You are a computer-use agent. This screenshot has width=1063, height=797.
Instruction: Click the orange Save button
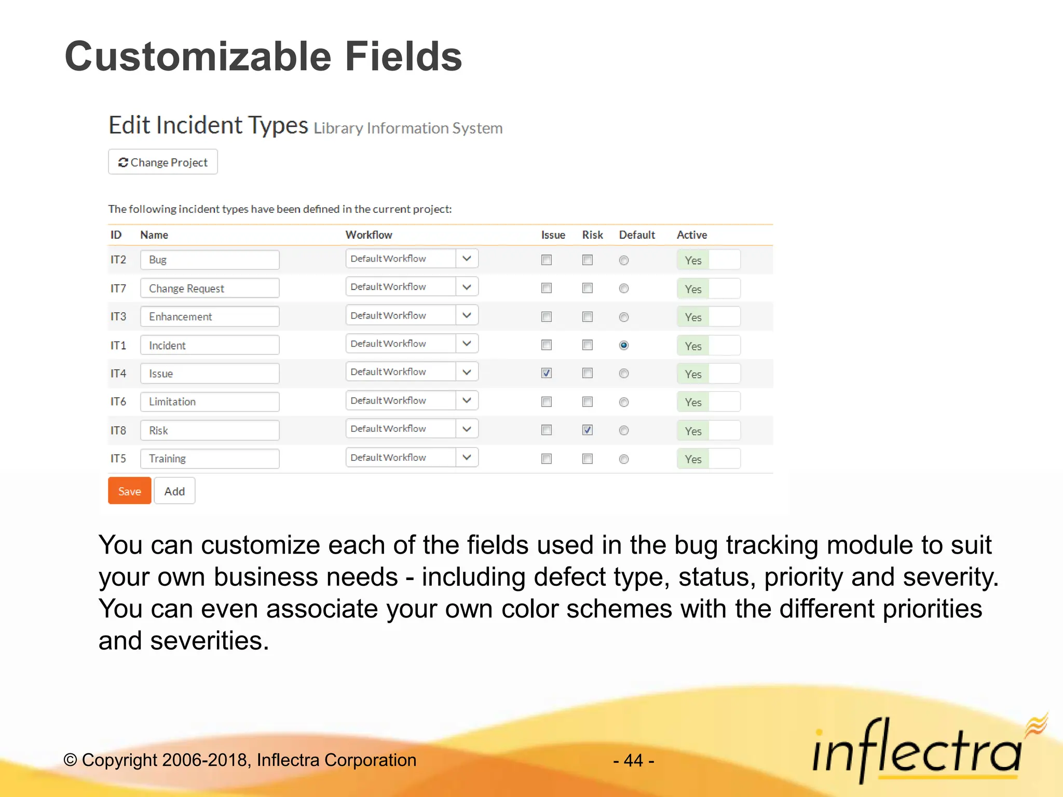point(129,491)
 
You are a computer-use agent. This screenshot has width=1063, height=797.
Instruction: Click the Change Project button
point(163,162)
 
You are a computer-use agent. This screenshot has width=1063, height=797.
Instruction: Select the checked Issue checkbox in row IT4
point(546,373)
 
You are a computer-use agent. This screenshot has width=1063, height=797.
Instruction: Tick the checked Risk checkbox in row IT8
point(587,430)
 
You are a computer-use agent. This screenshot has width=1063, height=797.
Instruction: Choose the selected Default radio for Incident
point(624,346)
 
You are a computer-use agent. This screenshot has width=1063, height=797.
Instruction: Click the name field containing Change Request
point(210,288)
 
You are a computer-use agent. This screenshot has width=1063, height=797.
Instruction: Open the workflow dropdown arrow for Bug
point(467,258)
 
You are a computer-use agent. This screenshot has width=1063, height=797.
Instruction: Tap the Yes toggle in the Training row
point(708,459)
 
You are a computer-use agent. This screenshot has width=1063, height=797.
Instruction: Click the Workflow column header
point(369,235)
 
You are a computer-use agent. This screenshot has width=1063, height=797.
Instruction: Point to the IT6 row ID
point(118,402)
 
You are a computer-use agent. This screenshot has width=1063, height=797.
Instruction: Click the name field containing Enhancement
point(210,317)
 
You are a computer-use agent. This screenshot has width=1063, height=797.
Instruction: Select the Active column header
point(691,235)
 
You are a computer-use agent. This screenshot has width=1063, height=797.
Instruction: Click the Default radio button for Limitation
point(624,402)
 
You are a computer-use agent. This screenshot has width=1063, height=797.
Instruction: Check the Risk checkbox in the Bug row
point(587,260)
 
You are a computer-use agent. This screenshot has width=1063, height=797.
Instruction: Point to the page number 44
point(633,761)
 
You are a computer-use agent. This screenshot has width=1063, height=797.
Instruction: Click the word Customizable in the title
point(198,57)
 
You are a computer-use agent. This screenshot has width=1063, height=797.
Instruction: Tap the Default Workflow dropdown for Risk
point(411,429)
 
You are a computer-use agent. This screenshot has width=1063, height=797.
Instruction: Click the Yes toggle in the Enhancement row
point(708,317)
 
